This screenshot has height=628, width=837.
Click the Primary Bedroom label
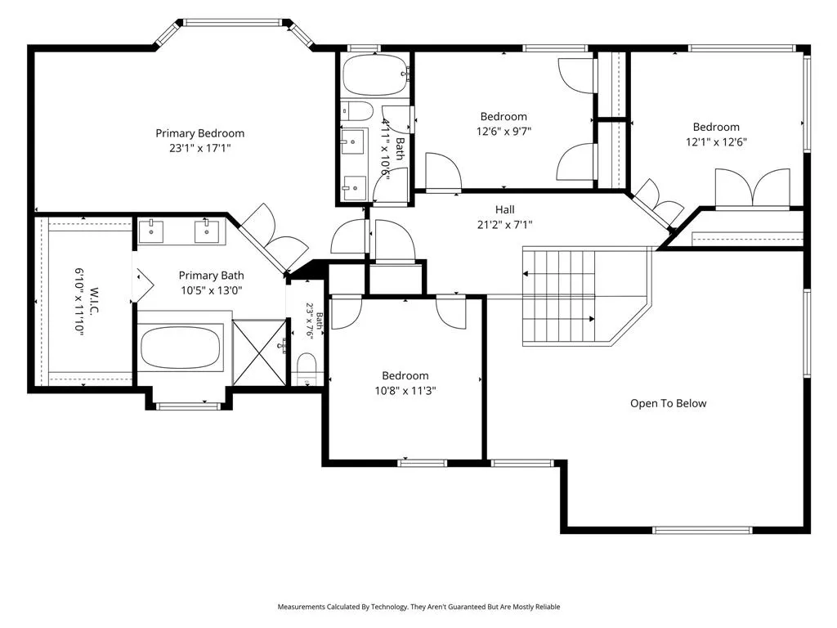click(x=199, y=133)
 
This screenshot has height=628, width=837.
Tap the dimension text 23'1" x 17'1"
click(x=199, y=148)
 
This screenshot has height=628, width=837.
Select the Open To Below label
click(x=669, y=403)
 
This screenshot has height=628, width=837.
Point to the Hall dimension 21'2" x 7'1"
click(x=504, y=225)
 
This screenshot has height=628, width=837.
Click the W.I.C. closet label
click(x=94, y=302)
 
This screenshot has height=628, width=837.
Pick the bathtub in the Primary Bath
click(x=181, y=348)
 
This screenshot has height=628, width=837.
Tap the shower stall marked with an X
click(x=259, y=352)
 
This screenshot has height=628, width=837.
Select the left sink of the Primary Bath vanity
click(x=151, y=231)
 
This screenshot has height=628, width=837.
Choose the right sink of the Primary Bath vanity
click(x=206, y=231)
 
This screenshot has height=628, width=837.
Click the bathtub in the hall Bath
click(x=375, y=74)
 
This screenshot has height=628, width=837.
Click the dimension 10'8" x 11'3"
click(x=405, y=391)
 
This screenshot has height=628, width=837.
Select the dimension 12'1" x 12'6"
click(x=716, y=142)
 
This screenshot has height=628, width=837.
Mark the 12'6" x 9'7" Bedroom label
click(x=504, y=116)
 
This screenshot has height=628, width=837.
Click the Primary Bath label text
click(x=212, y=276)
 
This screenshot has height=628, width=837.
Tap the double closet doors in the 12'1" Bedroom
click(x=753, y=187)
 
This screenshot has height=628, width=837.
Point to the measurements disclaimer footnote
click(x=418, y=607)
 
